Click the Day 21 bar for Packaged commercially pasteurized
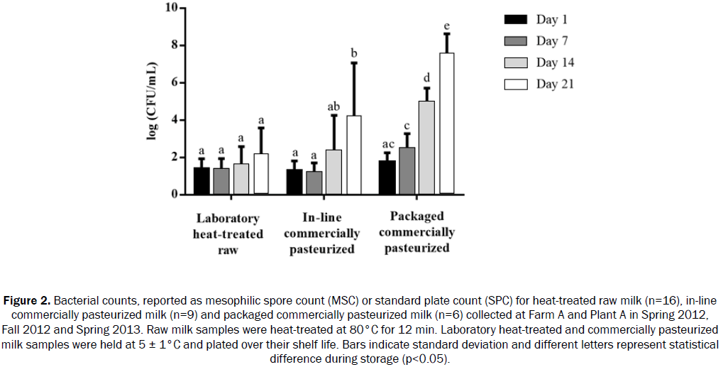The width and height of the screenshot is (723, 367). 446,124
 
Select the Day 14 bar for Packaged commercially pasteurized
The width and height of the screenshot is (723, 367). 426,148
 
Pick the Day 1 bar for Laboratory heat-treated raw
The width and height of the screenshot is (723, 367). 202,181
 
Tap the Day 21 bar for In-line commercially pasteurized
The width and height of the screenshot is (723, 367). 353,155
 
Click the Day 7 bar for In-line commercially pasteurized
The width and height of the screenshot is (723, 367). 314,182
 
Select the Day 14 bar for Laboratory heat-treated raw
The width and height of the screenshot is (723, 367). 241,179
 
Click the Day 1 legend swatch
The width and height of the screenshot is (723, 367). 514,19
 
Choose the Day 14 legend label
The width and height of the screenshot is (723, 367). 555,63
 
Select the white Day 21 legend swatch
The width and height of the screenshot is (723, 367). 514,84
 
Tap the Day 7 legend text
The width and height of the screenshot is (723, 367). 552,41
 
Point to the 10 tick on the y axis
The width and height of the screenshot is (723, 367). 170,9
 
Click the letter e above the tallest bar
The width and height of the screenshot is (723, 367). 446,27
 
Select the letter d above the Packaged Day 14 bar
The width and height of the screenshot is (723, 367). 426,77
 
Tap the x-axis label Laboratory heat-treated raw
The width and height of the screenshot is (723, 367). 218,234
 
